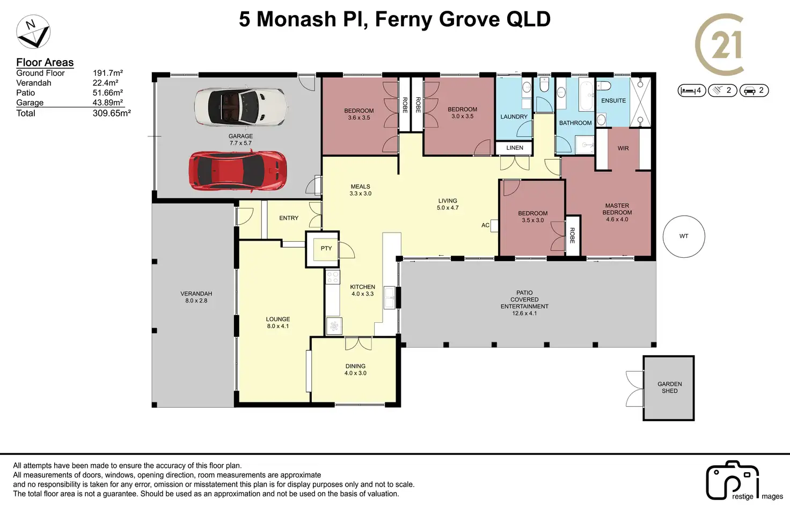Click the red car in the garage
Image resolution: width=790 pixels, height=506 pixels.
(238, 171)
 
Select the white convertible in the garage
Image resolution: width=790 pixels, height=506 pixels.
(242, 107)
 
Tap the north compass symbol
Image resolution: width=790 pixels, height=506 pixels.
(33, 32)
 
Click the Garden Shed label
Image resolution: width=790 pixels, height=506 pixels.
(669, 387)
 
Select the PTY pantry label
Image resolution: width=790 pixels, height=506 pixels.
(326, 248)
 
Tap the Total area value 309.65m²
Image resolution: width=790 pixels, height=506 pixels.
(112, 113)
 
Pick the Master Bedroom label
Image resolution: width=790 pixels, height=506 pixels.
(617, 209)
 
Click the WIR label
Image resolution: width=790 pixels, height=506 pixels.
(623, 148)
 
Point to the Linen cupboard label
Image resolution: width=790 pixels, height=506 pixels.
(515, 148)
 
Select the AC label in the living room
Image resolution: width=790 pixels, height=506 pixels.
(485, 225)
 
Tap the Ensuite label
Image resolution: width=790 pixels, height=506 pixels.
(613, 100)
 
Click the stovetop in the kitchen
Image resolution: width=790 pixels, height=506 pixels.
(333, 277)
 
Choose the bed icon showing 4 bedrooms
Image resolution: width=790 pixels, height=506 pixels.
(691, 91)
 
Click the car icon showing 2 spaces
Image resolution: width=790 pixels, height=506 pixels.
(754, 91)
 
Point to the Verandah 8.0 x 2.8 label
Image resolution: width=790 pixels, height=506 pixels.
(196, 297)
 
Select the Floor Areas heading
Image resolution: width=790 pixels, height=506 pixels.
(45, 62)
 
